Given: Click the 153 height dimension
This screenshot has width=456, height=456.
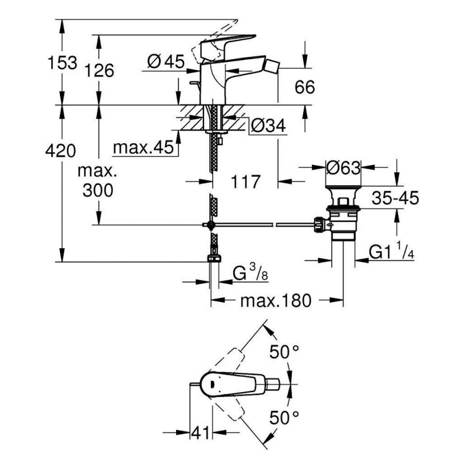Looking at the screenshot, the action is pos(63,63).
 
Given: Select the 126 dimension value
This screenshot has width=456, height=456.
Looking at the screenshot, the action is pos(99,71).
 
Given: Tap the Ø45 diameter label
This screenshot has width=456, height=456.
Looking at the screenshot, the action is pos(166,62).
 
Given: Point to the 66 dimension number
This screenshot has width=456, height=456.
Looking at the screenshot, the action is pos(304,87).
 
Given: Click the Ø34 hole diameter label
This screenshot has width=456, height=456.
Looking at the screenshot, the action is pos(268,125).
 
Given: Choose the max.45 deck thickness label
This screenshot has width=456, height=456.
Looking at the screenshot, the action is pos(143,147).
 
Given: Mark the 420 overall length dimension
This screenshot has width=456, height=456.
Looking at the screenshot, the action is pos(60,150).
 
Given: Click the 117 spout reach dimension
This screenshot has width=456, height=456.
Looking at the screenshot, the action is pos(245,182).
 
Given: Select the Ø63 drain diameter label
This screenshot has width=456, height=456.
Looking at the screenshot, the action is pos(343,168).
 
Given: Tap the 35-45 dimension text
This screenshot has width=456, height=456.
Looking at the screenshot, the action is pos(395,198).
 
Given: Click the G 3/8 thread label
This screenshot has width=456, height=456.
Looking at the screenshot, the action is pos(250,273).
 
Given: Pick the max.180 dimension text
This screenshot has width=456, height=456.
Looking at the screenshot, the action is pos(276,301).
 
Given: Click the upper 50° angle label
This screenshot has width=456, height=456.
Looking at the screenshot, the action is pos(284,352).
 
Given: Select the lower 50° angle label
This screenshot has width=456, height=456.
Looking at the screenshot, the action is pos(284,418).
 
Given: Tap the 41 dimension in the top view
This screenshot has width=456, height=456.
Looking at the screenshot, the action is pos(201,433).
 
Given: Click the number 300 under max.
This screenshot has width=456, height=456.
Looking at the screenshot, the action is pos(97,190).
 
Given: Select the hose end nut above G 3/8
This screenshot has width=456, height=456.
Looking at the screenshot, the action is pos(214,259).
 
